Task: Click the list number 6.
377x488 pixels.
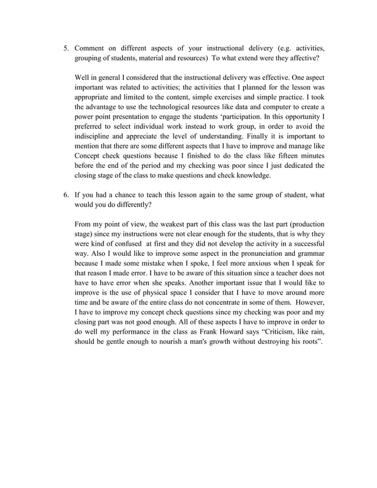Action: click(66, 194)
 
